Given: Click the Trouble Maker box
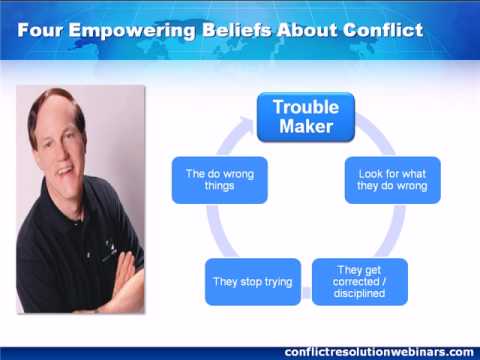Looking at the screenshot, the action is click(x=306, y=117).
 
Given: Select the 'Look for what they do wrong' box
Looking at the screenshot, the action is click(x=392, y=180).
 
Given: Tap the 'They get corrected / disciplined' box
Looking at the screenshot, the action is click(x=360, y=282).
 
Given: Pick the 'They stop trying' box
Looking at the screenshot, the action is click(x=253, y=282).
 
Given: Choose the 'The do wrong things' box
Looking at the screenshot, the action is click(x=220, y=180).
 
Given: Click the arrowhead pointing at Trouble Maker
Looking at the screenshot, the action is click(x=247, y=125).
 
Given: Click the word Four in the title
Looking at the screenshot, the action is click(x=40, y=30).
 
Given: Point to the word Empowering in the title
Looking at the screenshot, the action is click(x=132, y=32).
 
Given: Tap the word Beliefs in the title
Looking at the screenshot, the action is click(x=237, y=30).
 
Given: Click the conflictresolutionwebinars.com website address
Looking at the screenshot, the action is click(x=379, y=352).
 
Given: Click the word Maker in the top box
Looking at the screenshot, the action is click(x=306, y=126).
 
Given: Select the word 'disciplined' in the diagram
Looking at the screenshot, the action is click(x=359, y=293).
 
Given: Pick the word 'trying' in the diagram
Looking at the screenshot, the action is click(x=278, y=282).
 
